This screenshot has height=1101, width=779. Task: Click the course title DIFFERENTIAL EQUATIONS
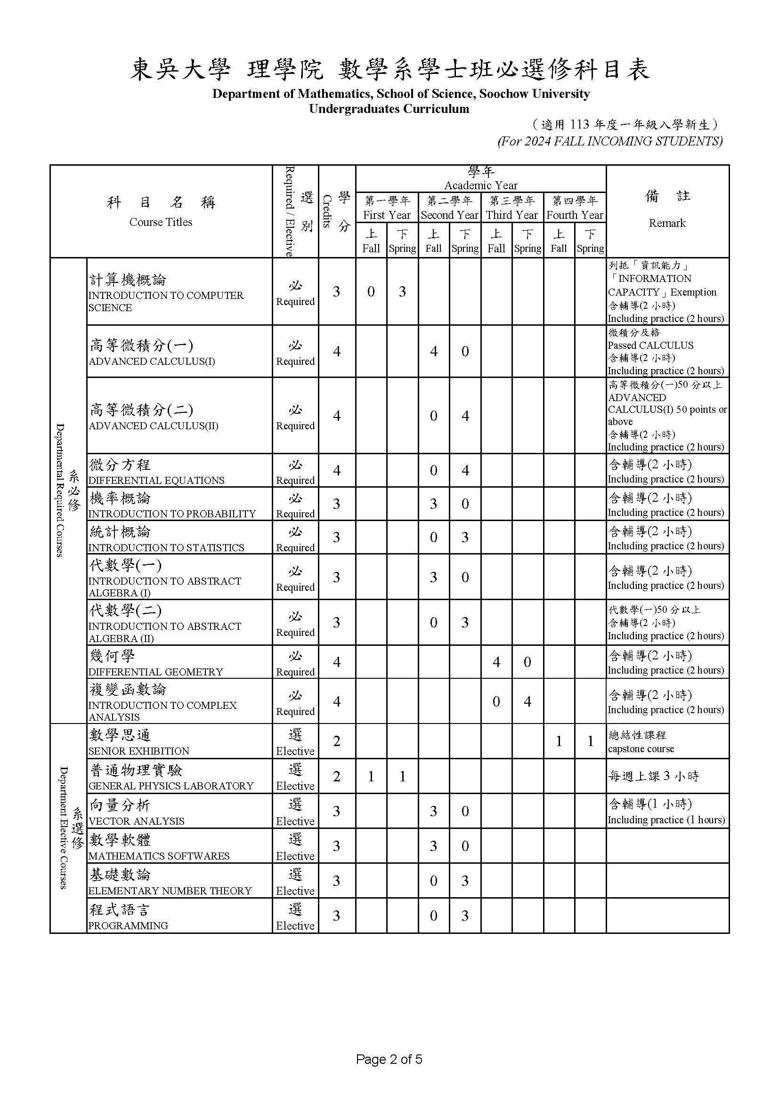point(156,481)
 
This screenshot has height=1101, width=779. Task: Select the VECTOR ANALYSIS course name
point(136,821)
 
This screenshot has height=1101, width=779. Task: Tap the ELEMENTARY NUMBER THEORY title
point(170,891)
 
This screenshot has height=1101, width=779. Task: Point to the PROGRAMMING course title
point(128,925)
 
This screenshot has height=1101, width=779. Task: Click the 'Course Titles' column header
point(161,222)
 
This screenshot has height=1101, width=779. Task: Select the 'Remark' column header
point(667,223)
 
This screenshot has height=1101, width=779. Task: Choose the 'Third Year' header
point(511,215)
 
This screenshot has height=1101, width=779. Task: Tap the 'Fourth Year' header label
point(574,215)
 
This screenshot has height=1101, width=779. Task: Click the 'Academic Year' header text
point(481,185)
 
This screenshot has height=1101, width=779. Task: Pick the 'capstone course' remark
point(641,749)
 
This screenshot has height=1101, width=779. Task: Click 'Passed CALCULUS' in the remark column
point(650,345)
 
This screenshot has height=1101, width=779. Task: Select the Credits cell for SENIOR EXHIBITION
point(337,741)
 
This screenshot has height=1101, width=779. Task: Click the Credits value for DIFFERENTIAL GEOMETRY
point(337,662)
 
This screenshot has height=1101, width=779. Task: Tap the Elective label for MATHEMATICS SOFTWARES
point(295,856)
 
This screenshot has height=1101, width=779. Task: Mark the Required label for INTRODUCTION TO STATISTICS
point(295,547)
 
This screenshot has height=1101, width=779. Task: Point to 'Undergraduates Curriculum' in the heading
point(389,109)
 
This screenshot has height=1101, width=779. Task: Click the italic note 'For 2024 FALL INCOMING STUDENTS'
point(610,141)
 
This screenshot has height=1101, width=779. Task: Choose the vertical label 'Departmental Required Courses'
point(60,490)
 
